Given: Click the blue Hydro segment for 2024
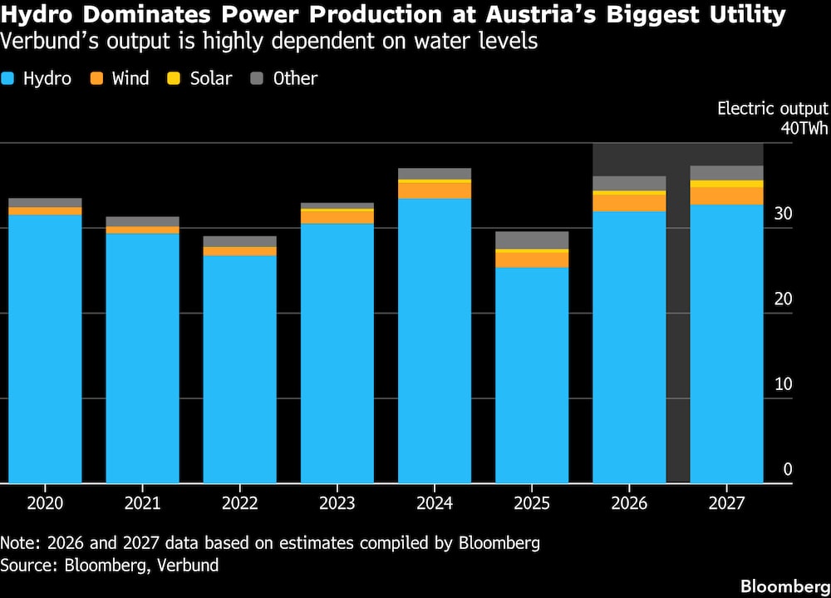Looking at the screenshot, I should point(435,341).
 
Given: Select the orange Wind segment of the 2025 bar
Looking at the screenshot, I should point(532,259).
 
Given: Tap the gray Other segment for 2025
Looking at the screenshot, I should point(532,240).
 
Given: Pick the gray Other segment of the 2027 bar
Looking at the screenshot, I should point(727,173).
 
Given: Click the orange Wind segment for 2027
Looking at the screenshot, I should point(727,195).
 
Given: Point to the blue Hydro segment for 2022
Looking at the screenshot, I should point(239,369).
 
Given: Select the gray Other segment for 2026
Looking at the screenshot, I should point(629,183).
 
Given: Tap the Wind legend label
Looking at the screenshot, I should point(130,79).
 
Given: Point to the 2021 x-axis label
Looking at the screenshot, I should point(142,503).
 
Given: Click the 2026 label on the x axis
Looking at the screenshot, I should point(629,503).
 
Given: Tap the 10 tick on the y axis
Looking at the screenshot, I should point(784,384).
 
